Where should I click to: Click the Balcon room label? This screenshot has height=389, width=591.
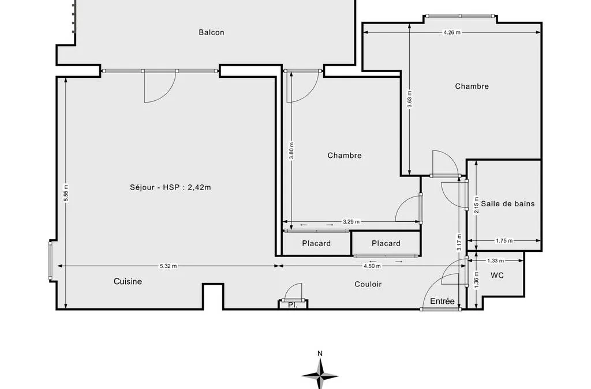coord(211,32)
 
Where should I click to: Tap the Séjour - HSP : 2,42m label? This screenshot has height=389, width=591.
coord(170,187)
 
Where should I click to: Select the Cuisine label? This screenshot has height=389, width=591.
coord(128,281)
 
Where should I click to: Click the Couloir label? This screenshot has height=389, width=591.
coord(368,284)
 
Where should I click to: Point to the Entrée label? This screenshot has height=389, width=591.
coord(442,301)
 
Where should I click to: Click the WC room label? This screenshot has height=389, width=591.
coord(497,275)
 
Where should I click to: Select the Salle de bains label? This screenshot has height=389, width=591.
coord(508,203)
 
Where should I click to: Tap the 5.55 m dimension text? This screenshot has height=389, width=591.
coord(66,192)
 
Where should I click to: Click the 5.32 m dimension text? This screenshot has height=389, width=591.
coord(168,266)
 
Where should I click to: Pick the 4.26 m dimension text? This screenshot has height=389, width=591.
coord(452,32)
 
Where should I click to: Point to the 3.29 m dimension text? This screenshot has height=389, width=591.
coord(351,222)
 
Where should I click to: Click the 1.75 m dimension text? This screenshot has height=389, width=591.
coord(504,241)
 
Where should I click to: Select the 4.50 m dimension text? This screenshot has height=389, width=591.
coord(372,266)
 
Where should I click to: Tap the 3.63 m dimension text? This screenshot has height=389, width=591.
coord(410,99)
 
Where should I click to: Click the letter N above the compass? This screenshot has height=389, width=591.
coord(320,353)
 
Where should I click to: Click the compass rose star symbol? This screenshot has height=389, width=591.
coord(320,375)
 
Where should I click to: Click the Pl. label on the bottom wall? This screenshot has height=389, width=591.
coord(293,305)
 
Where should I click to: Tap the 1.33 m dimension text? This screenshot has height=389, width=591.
coord(495,260)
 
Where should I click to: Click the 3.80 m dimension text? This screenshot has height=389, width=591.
coord(291,150)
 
